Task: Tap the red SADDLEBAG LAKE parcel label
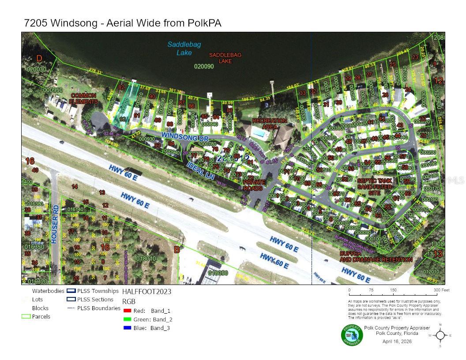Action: click(225, 58)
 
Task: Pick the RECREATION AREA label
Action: click(269, 124)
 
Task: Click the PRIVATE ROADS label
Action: click(255, 185)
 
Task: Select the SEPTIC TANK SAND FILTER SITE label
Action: click(375, 187)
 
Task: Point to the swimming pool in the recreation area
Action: click(261, 132)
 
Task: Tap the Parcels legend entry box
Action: click(26, 316)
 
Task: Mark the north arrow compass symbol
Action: click(440, 335)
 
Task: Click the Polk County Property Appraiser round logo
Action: click(352, 335)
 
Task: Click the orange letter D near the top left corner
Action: click(39, 58)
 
